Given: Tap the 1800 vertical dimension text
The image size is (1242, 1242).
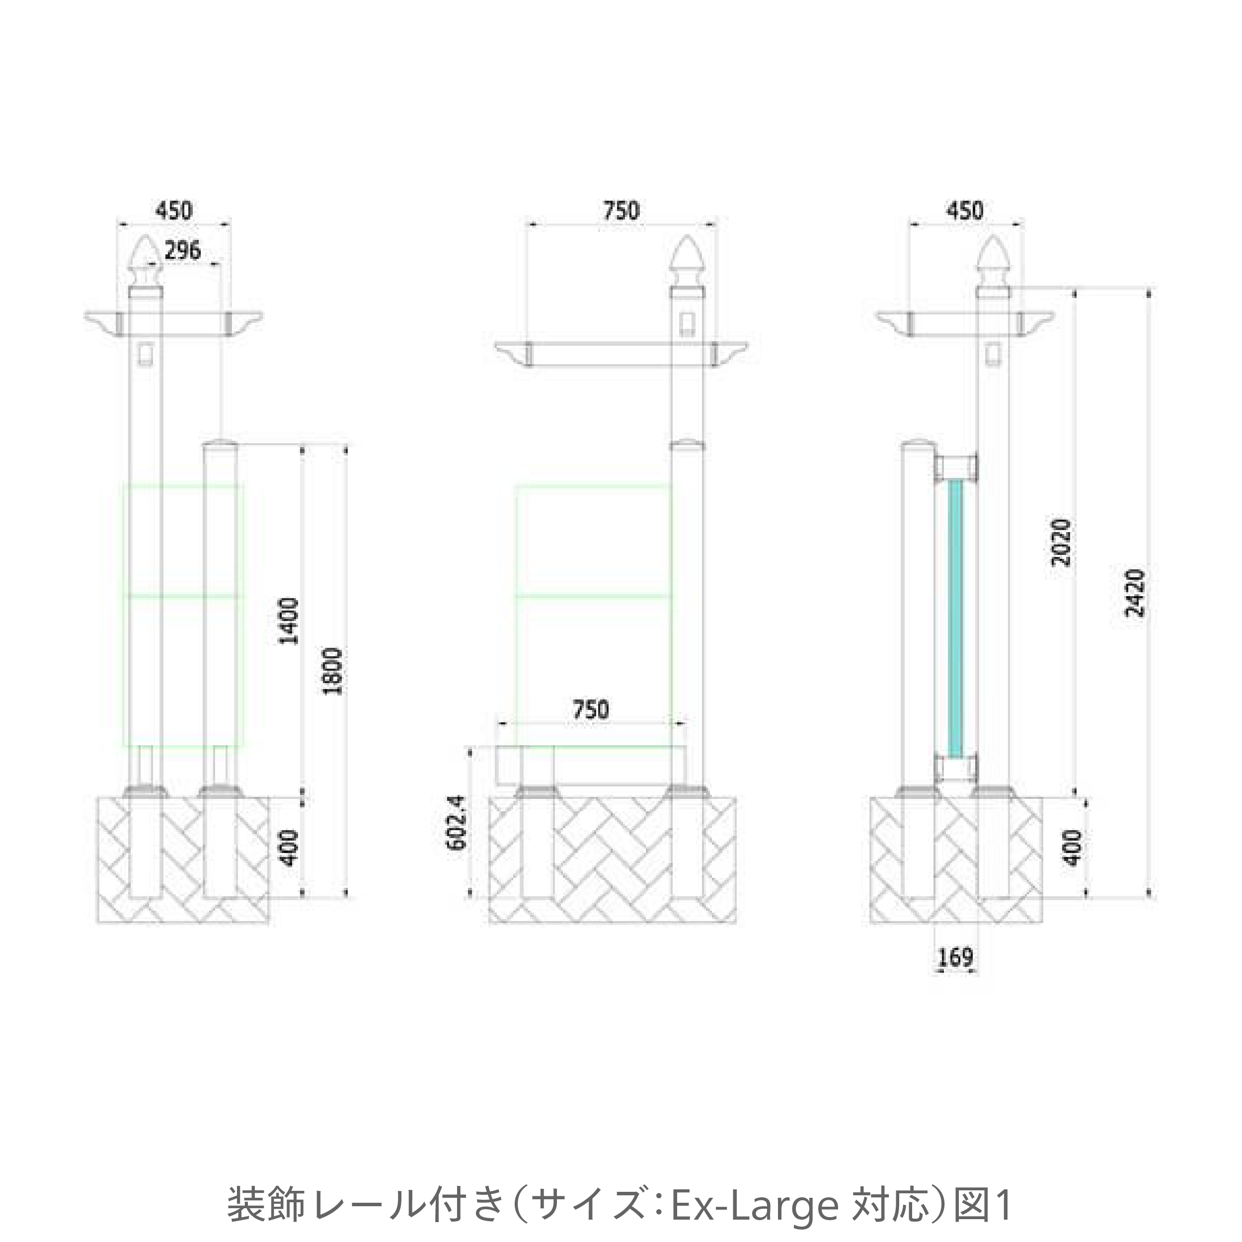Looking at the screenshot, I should click(335, 671).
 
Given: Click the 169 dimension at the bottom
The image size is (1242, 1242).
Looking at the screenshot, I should click(955, 975).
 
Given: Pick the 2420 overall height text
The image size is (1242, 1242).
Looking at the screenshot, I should click(1135, 593).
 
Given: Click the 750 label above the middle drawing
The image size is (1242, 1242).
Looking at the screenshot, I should click(621, 211).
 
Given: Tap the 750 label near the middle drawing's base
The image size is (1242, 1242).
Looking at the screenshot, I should click(590, 710).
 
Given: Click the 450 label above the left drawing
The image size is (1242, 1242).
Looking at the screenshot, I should click(173, 211).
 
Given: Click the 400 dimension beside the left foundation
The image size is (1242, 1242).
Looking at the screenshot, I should click(291, 848).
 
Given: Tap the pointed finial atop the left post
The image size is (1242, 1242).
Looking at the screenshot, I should click(146, 260).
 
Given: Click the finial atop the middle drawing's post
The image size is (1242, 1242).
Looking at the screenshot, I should click(687, 260).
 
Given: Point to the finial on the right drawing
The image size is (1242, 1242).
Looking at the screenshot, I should click(993, 260).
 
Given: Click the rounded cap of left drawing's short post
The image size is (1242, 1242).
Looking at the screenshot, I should click(220, 445).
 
